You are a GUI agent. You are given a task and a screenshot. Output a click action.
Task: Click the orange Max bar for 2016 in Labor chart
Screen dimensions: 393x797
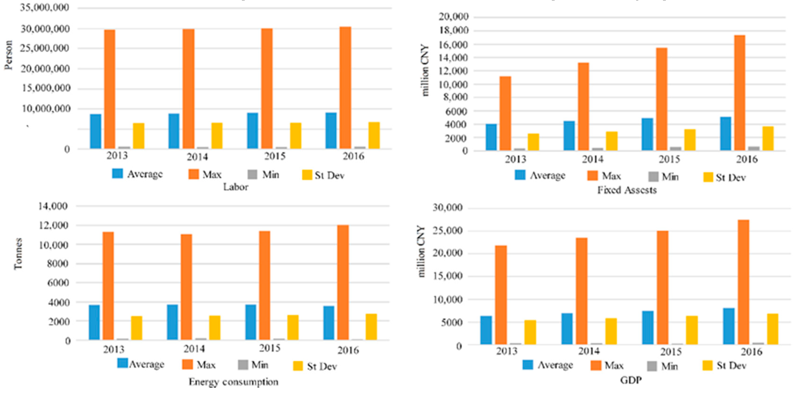345,88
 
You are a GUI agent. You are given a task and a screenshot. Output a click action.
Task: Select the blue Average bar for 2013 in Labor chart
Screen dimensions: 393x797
95,132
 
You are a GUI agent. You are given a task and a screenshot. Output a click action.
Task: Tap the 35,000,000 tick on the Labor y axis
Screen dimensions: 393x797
45,8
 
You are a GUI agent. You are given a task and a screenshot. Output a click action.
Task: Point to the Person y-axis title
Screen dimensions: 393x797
9,55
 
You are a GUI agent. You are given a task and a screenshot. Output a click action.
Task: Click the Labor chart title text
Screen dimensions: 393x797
236,187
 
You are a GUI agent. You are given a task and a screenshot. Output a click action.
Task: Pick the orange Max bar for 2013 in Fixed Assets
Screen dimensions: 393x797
505,113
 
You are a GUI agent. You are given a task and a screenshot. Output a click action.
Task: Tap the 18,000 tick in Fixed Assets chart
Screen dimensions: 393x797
453,31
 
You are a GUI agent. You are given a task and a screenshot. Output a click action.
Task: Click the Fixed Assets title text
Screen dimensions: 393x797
627,190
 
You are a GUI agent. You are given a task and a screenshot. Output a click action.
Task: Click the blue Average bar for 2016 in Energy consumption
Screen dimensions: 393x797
329,323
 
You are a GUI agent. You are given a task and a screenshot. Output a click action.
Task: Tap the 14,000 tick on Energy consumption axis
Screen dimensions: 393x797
53,206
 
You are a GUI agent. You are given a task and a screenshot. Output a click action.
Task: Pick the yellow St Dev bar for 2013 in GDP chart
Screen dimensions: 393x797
530,332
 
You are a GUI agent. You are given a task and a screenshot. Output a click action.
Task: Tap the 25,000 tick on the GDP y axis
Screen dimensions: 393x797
447,231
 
